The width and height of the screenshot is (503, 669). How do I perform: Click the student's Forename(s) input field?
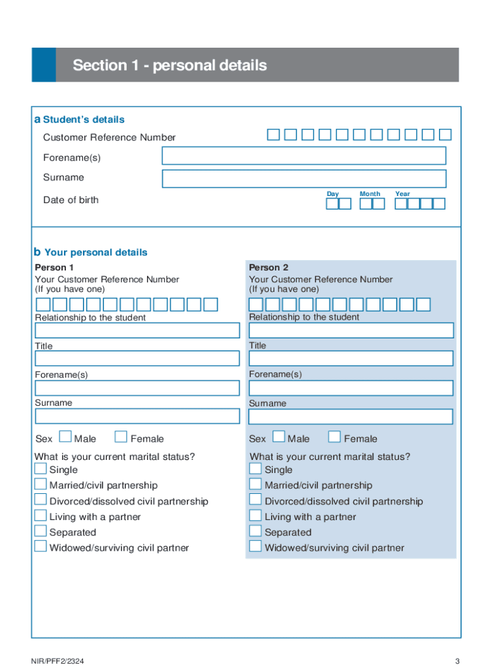pyautogui.click(x=304, y=155)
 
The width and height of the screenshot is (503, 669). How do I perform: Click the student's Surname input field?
pyautogui.click(x=304, y=178)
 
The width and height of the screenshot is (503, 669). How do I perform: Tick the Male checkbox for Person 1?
pyautogui.click(x=65, y=437)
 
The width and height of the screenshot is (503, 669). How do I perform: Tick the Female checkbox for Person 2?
pyautogui.click(x=334, y=437)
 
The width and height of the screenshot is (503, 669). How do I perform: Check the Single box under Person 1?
pyautogui.click(x=41, y=468)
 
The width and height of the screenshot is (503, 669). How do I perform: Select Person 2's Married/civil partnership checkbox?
pyautogui.click(x=255, y=484)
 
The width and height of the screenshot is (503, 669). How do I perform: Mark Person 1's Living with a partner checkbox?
pyautogui.click(x=41, y=515)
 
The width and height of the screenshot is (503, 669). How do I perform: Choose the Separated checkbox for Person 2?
pyautogui.click(x=255, y=531)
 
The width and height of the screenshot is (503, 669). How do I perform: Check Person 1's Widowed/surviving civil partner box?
pyautogui.click(x=41, y=546)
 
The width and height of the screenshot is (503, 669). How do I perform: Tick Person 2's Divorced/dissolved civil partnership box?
pyautogui.click(x=255, y=500)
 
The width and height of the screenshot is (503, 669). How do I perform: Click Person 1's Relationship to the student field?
pyautogui.click(x=137, y=330)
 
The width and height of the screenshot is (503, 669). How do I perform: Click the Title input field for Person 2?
pyautogui.click(x=351, y=358)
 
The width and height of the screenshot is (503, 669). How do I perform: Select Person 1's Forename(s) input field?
pyautogui.click(x=137, y=387)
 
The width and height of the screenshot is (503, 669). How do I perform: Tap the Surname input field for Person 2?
pyautogui.click(x=351, y=416)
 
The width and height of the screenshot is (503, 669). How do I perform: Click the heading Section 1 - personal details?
pyautogui.click(x=170, y=65)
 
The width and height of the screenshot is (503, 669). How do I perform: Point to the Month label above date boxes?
pyautogui.click(x=370, y=194)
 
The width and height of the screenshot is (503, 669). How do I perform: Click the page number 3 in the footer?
pyautogui.click(x=458, y=661)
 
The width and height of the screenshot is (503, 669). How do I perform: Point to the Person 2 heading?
pyautogui.click(x=268, y=267)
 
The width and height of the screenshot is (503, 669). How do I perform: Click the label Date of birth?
pyautogui.click(x=71, y=200)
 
